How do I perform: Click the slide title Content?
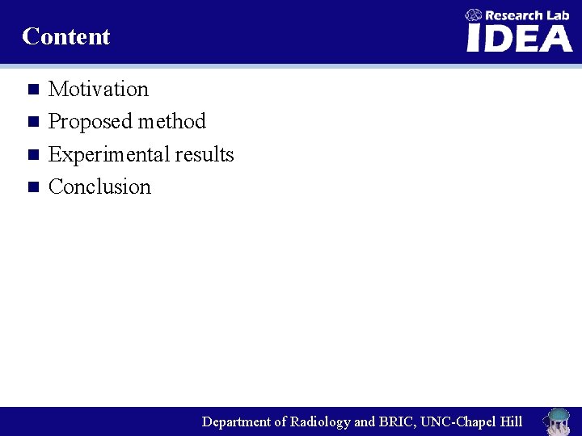(66, 36)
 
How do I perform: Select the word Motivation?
(99, 89)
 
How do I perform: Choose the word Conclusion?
(99, 187)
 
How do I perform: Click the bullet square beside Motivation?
(32, 89)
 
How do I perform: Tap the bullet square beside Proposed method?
(32, 122)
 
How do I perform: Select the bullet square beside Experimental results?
(32, 154)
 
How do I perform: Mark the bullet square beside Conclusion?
(32, 187)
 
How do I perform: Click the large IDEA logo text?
(519, 38)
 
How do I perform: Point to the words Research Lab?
(527, 15)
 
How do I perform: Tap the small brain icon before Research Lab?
(474, 15)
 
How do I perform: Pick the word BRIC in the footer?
(396, 421)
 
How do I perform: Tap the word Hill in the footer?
(511, 421)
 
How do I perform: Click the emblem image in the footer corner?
(557, 421)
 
